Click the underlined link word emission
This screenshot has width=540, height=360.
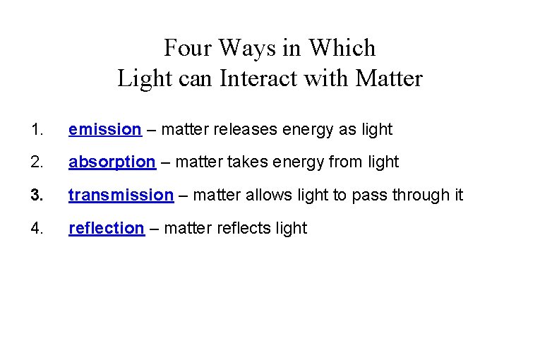click(104, 129)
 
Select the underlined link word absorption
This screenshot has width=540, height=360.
click(112, 162)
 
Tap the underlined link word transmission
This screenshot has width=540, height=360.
click(121, 195)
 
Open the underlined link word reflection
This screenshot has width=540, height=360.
click(106, 228)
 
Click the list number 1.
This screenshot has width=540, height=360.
click(37, 129)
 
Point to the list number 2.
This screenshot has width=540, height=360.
click(37, 162)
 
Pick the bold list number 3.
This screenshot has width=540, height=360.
click(37, 195)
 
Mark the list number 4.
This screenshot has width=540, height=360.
click(37, 228)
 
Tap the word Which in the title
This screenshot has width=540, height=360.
click(347, 48)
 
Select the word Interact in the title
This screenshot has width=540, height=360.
click(253, 78)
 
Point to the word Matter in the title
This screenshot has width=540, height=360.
click(389, 78)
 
